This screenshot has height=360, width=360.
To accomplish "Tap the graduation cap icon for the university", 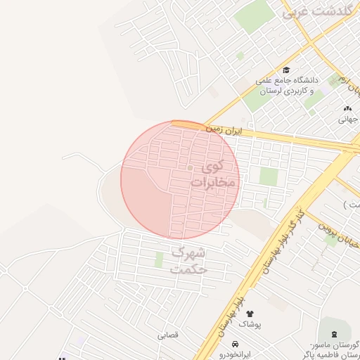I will (x=287, y=70).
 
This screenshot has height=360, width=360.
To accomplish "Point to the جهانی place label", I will (x=348, y=120).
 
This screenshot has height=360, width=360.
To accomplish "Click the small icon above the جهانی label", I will (x=347, y=108).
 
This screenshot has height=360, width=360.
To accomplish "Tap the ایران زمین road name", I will (x=224, y=131).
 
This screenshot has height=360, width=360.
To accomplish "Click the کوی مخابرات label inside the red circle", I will (x=214, y=174).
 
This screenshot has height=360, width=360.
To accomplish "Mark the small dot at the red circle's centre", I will (x=190, y=167).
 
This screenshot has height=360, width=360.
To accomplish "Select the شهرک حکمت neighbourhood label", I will (x=189, y=259).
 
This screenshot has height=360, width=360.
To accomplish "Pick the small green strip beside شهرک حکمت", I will (x=159, y=259).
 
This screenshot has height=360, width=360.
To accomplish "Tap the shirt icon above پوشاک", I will (x=250, y=314).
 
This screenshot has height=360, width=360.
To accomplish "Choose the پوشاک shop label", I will (x=250, y=325).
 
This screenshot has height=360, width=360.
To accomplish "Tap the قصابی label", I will (x=168, y=335).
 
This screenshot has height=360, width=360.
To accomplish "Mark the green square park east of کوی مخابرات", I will (x=269, y=176).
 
